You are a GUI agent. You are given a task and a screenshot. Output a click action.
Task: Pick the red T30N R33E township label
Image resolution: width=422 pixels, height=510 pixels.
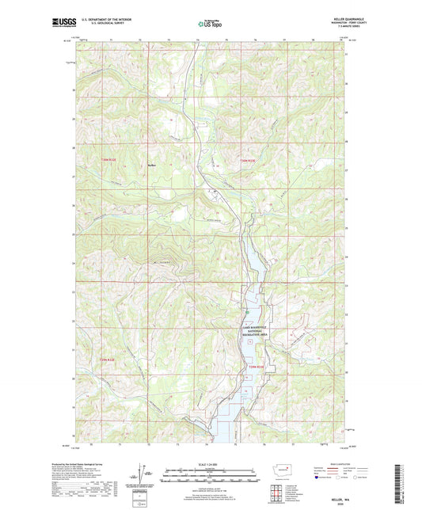248,159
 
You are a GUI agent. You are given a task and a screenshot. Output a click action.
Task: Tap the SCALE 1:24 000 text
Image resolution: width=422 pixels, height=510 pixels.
210,464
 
